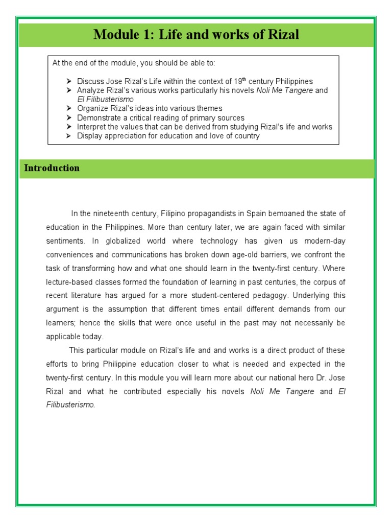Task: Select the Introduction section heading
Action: [52, 168]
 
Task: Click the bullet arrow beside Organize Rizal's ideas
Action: [69, 109]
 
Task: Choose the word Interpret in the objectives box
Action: [91, 127]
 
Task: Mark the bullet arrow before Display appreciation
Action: [69, 136]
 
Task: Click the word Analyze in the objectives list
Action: [90, 90]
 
